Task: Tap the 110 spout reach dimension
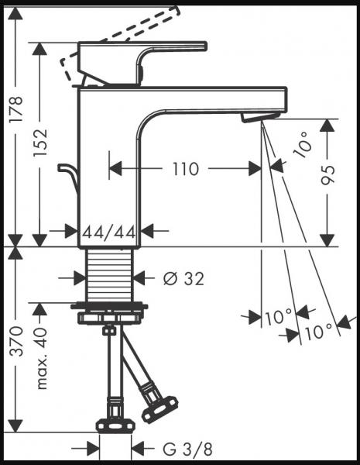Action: tap(185, 167)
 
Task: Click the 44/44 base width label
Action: tap(110, 230)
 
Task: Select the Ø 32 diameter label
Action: tap(185, 278)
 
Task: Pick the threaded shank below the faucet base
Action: tap(110, 275)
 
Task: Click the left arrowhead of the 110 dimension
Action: tap(113, 167)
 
